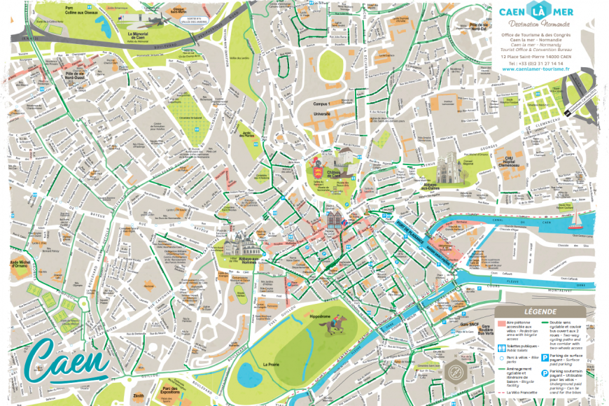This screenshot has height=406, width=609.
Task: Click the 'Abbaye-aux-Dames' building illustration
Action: (x=449, y=170)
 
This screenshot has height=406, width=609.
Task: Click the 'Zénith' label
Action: (x=139, y=396)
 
